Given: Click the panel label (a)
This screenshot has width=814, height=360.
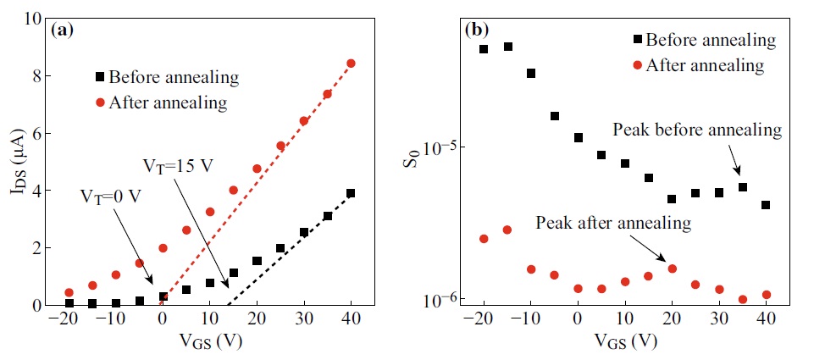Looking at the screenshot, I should point(63,30).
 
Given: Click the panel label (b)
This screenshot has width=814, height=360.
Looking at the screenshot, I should point(476,30).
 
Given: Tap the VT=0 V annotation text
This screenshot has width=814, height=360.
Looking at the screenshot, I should point(112,196).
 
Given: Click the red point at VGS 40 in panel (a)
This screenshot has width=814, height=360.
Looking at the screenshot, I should point(351,64).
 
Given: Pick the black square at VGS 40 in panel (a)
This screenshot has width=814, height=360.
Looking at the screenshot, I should point(351,193).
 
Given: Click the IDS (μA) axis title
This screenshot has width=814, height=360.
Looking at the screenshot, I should point(15,161).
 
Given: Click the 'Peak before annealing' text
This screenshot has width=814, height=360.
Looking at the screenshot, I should point(696,130).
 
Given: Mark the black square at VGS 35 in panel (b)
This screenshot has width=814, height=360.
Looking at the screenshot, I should point(743,187).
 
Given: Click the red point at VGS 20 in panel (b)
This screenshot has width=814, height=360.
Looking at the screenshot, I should point(673,269).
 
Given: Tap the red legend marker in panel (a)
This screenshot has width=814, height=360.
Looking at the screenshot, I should point(100,102).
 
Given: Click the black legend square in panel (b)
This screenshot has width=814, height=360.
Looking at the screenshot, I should point(636,39).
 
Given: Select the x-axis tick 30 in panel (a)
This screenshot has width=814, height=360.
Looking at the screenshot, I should point(304,319).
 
